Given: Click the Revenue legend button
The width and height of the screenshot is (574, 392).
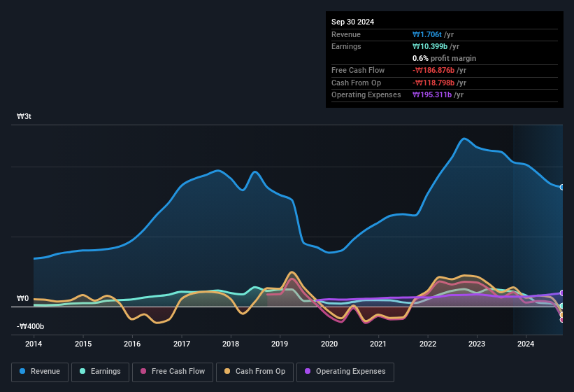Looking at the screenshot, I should (x=40, y=371).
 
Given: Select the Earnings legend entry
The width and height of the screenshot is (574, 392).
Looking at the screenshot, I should (x=100, y=371).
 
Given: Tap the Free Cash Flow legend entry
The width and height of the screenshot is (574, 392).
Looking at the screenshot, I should (x=173, y=371).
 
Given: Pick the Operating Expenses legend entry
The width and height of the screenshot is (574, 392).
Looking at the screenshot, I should (x=345, y=371).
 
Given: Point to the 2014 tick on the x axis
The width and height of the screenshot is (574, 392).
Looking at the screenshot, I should (x=34, y=344).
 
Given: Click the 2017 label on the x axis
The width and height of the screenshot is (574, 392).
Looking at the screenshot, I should (x=182, y=344).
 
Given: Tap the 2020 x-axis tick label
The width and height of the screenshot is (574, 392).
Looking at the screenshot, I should (x=329, y=344).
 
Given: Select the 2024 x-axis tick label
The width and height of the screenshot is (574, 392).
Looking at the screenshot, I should (x=526, y=344).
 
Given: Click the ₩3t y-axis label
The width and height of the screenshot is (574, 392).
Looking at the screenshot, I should (x=24, y=116).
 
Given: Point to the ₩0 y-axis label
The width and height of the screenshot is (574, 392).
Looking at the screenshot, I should (x=23, y=299).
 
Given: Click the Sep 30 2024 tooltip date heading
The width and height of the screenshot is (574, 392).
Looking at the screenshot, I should (x=352, y=22).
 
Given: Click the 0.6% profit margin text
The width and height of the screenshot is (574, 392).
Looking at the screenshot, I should (x=444, y=58).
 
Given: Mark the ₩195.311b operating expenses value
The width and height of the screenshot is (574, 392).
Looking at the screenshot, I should (x=438, y=94).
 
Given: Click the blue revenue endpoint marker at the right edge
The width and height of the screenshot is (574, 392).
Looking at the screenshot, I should (x=562, y=187).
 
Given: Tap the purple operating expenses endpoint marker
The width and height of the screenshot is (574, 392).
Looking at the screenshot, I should (x=562, y=293).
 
